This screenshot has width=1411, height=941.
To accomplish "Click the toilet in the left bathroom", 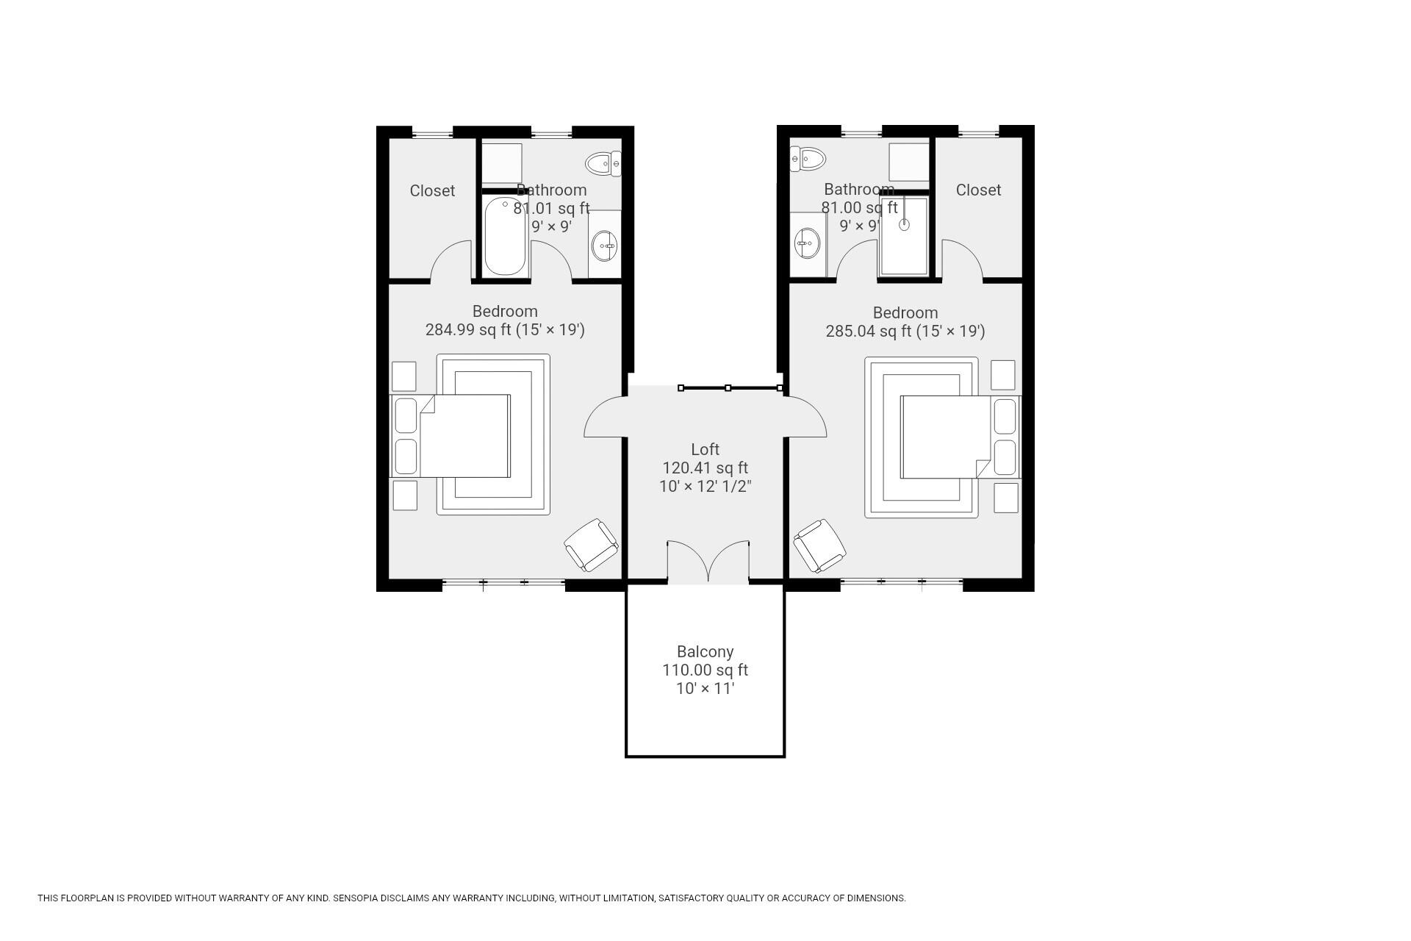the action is pyautogui.click(x=603, y=163).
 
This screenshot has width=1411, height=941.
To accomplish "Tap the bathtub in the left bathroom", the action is pyautogui.click(x=505, y=236).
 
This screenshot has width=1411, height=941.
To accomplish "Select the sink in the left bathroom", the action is pyautogui.click(x=605, y=244).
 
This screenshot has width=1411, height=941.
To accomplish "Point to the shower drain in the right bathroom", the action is pyautogui.click(x=904, y=225).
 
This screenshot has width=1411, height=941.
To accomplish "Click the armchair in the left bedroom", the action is pyautogui.click(x=592, y=545).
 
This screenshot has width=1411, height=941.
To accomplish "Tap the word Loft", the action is pyautogui.click(x=705, y=449).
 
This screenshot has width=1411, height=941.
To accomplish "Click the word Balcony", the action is pyautogui.click(x=705, y=651).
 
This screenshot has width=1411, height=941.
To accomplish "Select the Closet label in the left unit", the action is pyautogui.click(x=432, y=190).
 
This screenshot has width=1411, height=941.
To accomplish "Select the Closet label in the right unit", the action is pyautogui.click(x=978, y=190).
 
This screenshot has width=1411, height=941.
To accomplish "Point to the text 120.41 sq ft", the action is pyautogui.click(x=705, y=468).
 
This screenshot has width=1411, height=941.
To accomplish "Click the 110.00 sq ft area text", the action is pyautogui.click(x=705, y=670).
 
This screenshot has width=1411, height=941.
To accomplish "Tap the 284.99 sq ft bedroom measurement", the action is pyautogui.click(x=468, y=329).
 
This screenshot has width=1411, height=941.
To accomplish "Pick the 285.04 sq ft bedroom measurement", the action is pyautogui.click(x=869, y=331).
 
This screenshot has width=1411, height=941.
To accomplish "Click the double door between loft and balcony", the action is pyautogui.click(x=708, y=562).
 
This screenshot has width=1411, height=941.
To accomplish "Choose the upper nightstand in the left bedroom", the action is pyautogui.click(x=403, y=376).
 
